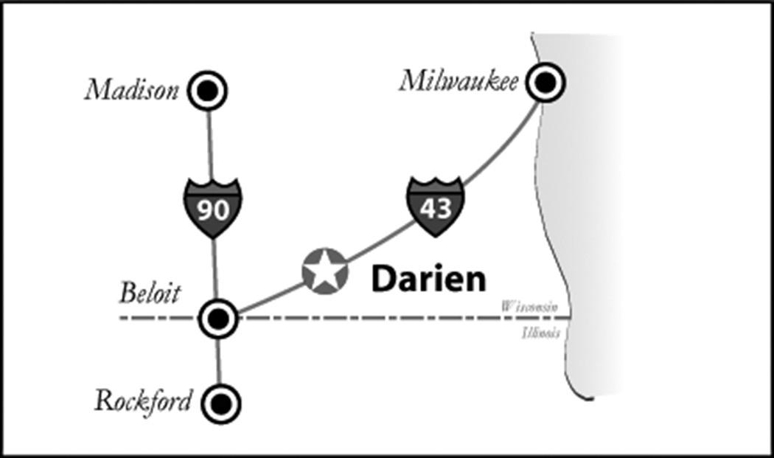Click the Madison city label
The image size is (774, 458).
coord(132,90)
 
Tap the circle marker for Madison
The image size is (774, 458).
coord(207,90)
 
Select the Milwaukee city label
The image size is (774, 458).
coord(459,80)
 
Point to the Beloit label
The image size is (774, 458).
coord(150,293)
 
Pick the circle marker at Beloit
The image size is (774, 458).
coord(218,319)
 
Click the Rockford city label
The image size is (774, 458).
coord(143,401)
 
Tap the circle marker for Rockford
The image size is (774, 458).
coord(222,403)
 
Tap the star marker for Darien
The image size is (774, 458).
coord(324,271)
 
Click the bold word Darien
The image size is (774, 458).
coord(428,280)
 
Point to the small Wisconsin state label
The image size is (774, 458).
coord(529,305)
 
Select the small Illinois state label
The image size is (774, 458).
coord(540,333)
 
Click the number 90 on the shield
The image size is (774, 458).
coord(212,211)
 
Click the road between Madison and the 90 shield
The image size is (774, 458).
coord(209,144)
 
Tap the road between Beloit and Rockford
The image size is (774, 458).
coord(220,361)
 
